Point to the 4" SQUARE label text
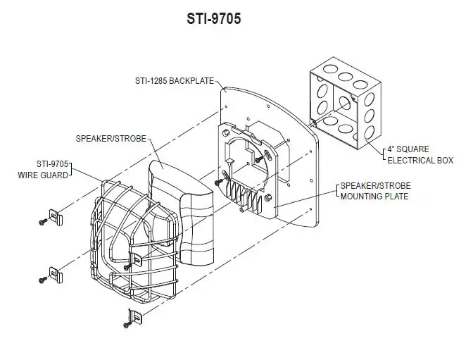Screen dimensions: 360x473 coord(412,149)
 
